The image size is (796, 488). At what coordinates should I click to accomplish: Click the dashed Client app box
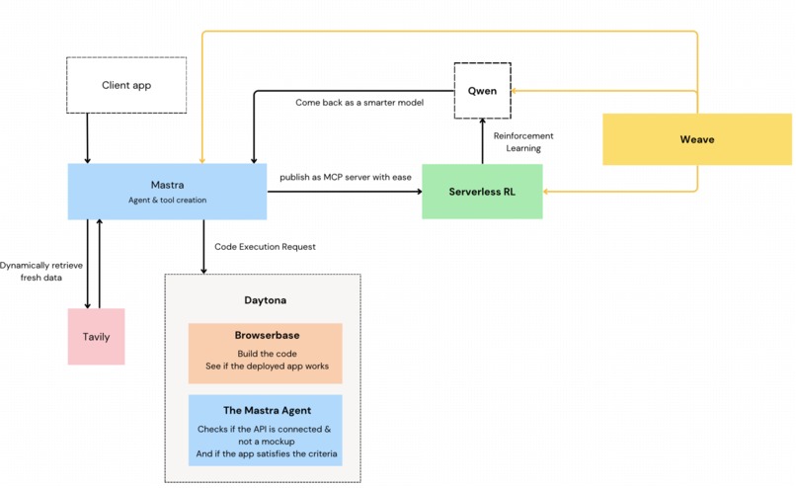125,85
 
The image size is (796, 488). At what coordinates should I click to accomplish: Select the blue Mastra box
166,191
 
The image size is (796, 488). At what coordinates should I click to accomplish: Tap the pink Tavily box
96,337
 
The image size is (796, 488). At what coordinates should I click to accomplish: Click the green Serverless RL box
482,191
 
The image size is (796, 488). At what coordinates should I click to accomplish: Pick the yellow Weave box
696,139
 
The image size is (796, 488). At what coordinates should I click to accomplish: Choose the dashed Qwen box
482,91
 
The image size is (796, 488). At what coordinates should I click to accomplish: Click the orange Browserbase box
265,353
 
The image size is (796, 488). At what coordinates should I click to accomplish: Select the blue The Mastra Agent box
265,430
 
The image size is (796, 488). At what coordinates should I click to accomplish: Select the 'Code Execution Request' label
265,246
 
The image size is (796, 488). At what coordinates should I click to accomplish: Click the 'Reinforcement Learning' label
523,142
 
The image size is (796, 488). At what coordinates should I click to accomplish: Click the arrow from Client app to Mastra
88,138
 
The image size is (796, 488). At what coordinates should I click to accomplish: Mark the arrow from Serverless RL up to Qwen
482,141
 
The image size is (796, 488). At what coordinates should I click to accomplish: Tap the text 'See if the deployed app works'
265,366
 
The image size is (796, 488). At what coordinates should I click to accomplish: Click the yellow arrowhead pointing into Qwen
516,91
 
